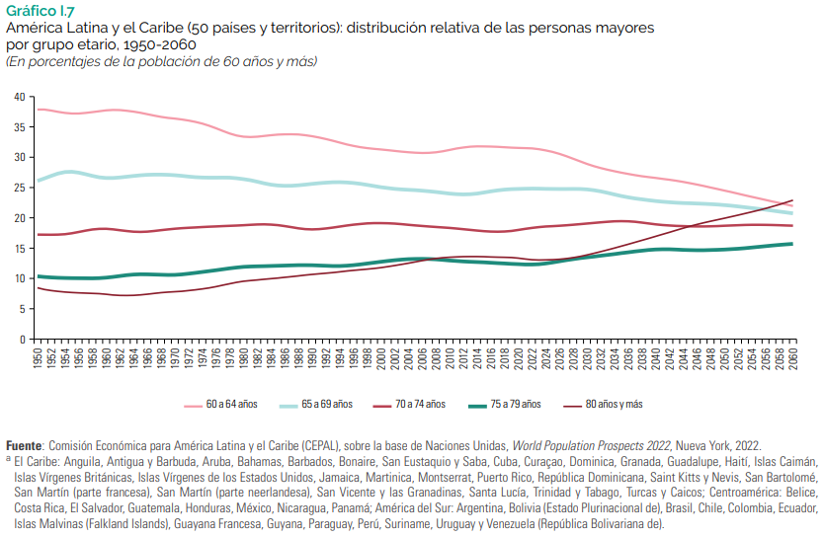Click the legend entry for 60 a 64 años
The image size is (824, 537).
pos(229,405)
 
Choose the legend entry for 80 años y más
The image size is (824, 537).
pos(613,405)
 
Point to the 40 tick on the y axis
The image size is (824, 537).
pos(20,97)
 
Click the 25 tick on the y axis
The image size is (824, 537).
pos(20,188)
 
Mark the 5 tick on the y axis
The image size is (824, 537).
pos(23,309)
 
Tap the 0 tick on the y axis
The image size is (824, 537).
pos(23,340)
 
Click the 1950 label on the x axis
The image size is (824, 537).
pos(38,358)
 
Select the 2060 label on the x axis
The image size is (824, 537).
pos(792,358)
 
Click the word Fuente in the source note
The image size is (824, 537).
pos(24,446)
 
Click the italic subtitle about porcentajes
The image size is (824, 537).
pos(161,62)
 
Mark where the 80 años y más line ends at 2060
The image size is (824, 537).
pos(792,200)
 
